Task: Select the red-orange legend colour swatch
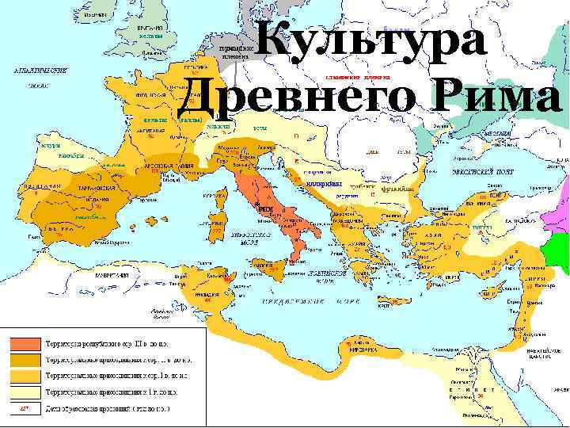[24, 344]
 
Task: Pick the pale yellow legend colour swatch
[24, 392]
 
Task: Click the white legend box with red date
[24, 408]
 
